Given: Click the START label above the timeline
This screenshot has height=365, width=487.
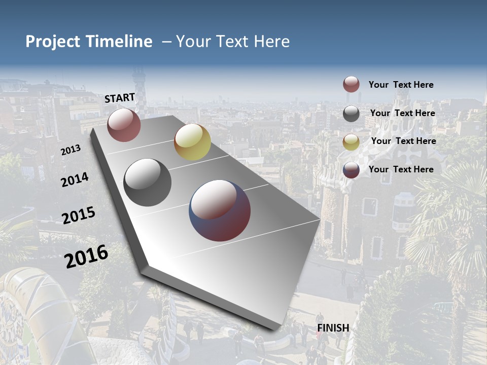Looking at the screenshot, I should tap(120, 98).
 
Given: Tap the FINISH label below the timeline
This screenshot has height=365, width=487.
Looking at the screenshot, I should tap(333, 328).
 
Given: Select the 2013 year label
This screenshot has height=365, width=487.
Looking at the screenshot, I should tap(71, 150).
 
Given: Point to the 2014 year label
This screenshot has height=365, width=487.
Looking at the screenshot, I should tap(75, 180).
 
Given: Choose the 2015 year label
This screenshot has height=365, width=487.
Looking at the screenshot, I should tap(79, 215).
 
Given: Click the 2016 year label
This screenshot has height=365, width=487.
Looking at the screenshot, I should tap(86, 256).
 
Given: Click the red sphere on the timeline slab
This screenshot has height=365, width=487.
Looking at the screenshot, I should tap(124, 125).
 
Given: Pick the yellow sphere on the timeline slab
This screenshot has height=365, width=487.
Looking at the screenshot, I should tap(192, 142).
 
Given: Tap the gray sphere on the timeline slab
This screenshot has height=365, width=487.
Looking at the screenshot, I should tap(147, 182).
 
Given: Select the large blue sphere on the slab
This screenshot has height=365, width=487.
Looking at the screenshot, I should tap(220, 210).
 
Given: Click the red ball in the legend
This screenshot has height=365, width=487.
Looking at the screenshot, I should tap(351, 85).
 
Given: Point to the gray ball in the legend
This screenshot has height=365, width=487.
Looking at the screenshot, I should tap(351, 114).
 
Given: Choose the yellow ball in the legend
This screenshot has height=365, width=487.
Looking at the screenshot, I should tap(351, 141).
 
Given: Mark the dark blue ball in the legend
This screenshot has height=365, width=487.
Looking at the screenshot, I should tap(351, 170).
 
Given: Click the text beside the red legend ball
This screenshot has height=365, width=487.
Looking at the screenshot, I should tap(401, 85).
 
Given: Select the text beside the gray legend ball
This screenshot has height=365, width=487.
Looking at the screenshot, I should tap(402, 113).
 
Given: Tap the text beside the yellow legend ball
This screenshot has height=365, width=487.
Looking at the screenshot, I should tap(403, 141).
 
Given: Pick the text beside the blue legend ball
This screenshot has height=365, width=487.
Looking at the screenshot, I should tap(401, 169).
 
